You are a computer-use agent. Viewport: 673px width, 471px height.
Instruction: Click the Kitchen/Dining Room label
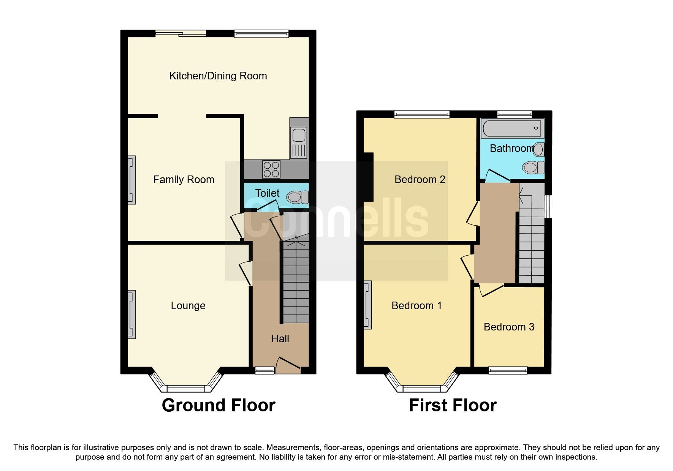218,76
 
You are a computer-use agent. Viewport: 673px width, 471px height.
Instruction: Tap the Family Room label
184,179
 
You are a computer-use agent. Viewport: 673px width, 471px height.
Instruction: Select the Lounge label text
188,306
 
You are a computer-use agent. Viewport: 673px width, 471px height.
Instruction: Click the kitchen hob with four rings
271,170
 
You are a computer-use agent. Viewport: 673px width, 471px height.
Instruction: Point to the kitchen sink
299,136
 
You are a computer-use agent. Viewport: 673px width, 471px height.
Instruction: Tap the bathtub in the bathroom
511,128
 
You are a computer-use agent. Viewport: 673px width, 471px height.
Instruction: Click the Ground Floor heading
219,405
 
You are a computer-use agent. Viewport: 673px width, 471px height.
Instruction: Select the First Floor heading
453,405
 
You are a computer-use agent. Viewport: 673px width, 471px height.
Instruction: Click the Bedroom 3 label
509,327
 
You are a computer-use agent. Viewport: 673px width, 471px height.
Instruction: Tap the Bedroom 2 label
420,179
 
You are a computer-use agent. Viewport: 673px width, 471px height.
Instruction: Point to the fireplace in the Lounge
131,314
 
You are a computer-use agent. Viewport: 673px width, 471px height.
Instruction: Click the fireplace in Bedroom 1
367,305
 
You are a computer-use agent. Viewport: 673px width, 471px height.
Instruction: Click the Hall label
280,339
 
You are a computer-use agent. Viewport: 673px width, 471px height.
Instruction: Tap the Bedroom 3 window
508,370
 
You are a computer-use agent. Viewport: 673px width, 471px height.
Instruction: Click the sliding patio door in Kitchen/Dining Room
181,34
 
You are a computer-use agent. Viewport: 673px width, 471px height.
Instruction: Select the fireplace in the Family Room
131,180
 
